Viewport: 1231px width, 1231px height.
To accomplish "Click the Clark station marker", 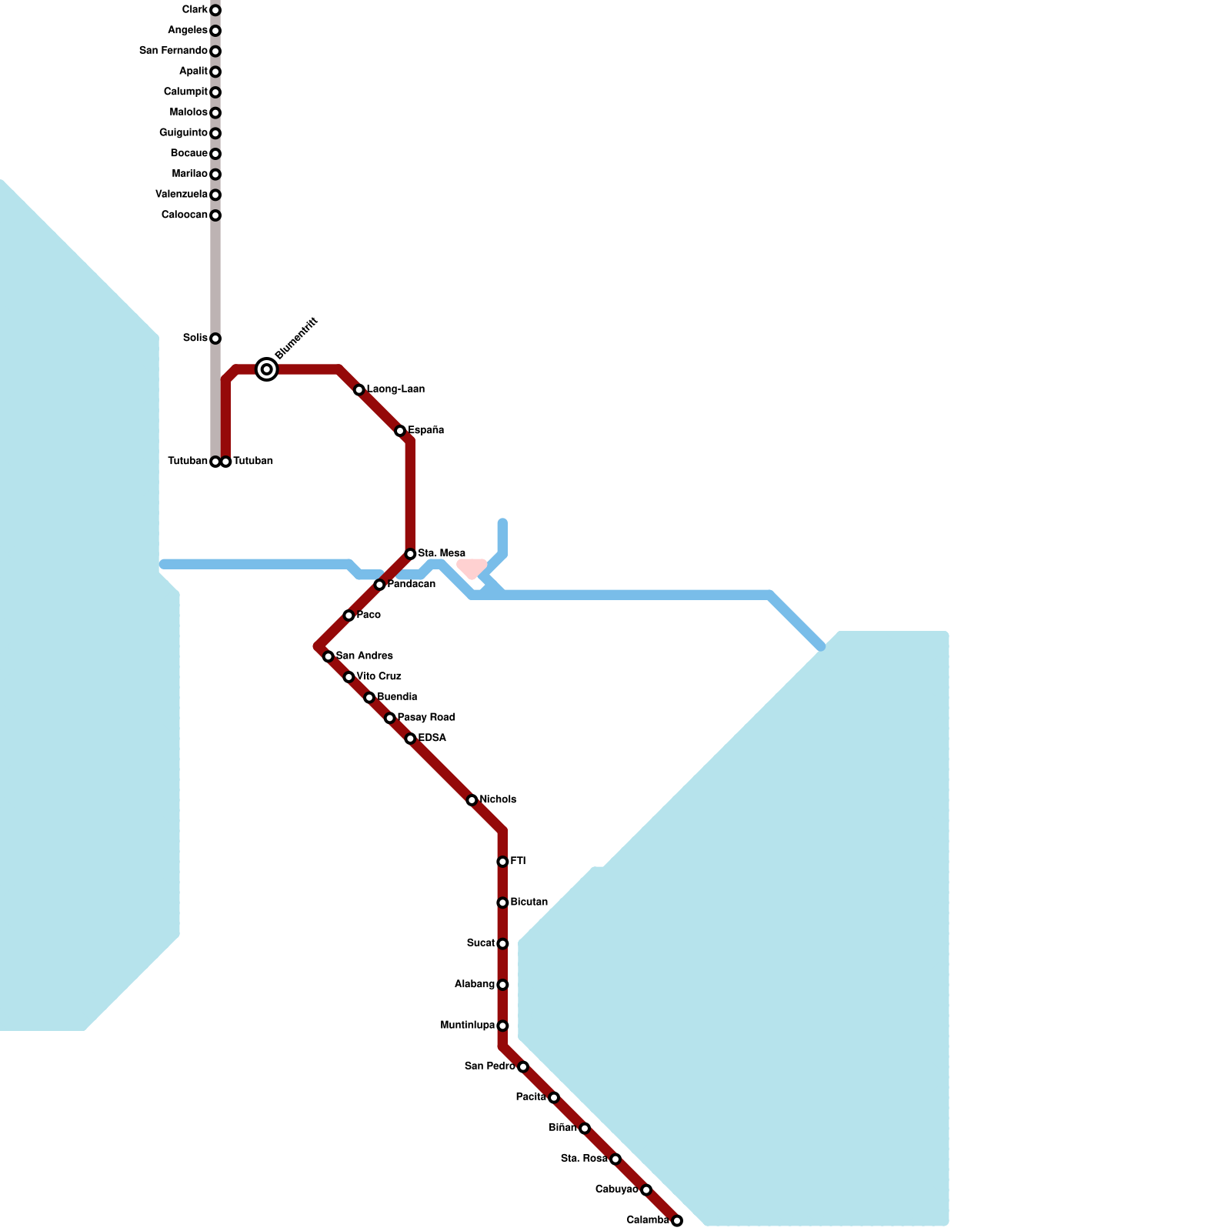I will [x=215, y=10].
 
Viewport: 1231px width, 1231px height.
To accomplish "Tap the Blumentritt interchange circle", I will [x=266, y=369].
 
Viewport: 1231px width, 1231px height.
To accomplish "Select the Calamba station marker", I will [x=677, y=1220].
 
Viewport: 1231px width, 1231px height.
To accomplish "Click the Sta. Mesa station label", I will [x=442, y=553].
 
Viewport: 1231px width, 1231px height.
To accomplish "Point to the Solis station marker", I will [x=215, y=339].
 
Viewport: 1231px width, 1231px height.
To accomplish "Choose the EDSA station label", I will [x=432, y=738].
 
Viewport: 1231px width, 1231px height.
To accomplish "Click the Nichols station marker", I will [x=472, y=800].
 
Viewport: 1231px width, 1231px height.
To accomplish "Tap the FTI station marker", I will [x=502, y=862].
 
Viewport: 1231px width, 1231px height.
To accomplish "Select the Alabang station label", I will [x=474, y=984].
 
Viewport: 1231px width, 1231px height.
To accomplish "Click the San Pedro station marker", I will [x=523, y=1066].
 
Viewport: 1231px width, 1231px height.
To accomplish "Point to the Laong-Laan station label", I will [x=395, y=389].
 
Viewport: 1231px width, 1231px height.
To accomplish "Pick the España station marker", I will [x=400, y=431].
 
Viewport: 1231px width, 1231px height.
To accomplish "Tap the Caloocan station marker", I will [x=215, y=215].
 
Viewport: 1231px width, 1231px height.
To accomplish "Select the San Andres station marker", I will [x=329, y=656].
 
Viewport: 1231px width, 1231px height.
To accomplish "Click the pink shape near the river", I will [x=472, y=568].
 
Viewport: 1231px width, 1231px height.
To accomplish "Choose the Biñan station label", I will [x=562, y=1127].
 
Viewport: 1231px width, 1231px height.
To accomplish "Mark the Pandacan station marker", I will [x=379, y=585].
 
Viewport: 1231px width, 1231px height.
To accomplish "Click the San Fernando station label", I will [x=173, y=51].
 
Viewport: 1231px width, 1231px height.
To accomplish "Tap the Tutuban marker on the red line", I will [x=226, y=462].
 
